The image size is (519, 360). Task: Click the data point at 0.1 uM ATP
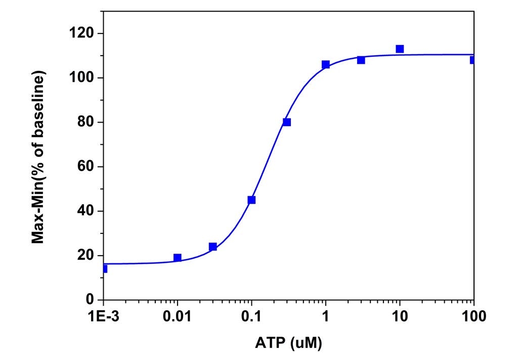251,199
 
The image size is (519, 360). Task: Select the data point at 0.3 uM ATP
287,122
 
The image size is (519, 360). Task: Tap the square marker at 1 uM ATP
325,64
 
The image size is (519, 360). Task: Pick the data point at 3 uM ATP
361,60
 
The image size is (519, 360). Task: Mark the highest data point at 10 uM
400,49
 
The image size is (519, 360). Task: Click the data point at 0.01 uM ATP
177,257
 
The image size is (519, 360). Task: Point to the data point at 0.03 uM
213,247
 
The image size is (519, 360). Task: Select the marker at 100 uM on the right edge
473,60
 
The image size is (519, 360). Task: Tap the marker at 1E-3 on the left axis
104,268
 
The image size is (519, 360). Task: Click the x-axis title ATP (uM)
288,344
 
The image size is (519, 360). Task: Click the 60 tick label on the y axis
82,167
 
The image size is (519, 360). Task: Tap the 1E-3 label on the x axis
103,317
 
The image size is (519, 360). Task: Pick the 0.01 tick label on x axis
177,317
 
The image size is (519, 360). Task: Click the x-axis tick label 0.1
251,317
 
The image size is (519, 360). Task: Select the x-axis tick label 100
473,317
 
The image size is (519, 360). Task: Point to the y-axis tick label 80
82,122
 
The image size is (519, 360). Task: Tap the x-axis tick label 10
400,317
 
